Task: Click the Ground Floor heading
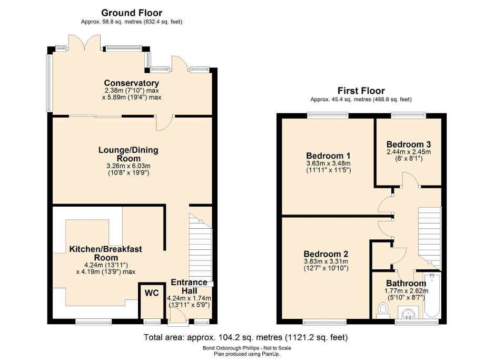pyautogui.click(x=132, y=13)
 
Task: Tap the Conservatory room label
pyautogui.click(x=132, y=83)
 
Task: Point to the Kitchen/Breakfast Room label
pyautogui.click(x=105, y=253)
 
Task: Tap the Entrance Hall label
pyautogui.click(x=189, y=287)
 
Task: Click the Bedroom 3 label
pyautogui.click(x=408, y=144)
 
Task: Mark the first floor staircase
pyautogui.click(x=429, y=235)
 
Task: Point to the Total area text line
pyautogui.click(x=245, y=337)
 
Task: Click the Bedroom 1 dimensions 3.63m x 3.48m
pyautogui.click(x=328, y=163)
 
